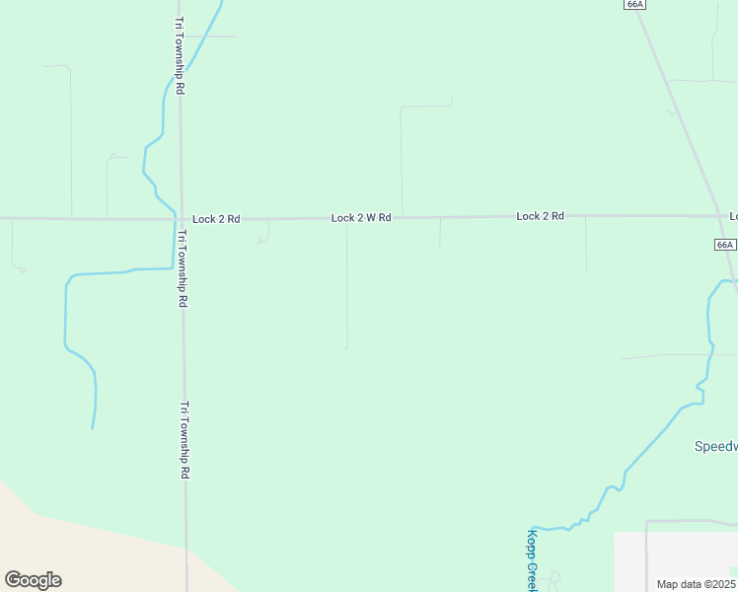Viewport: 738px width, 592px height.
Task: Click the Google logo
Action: coord(33,580)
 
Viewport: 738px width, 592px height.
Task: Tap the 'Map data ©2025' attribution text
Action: coord(695,584)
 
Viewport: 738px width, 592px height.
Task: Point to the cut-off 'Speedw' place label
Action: coord(714,446)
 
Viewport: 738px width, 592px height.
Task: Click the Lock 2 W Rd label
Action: coord(361,217)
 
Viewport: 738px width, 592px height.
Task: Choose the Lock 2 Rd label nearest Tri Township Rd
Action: coord(216,218)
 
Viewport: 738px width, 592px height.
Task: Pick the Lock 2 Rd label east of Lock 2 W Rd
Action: coord(540,215)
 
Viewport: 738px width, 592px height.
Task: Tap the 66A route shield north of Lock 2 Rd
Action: coord(634,4)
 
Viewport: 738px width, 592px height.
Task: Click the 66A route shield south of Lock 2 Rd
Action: coord(724,244)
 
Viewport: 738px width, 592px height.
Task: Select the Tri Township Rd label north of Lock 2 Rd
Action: coord(180,55)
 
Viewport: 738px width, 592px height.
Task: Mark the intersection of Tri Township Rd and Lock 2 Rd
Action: coord(181,218)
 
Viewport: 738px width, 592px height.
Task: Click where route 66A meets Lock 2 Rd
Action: coord(720,215)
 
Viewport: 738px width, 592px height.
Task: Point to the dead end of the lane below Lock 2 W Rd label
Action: coord(346,347)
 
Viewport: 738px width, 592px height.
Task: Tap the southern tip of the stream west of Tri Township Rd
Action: coord(93,428)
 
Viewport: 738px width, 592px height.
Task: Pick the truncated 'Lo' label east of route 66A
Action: coord(733,215)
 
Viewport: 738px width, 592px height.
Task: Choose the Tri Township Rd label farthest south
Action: coord(184,440)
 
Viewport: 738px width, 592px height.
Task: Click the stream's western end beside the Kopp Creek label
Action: coord(533,528)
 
